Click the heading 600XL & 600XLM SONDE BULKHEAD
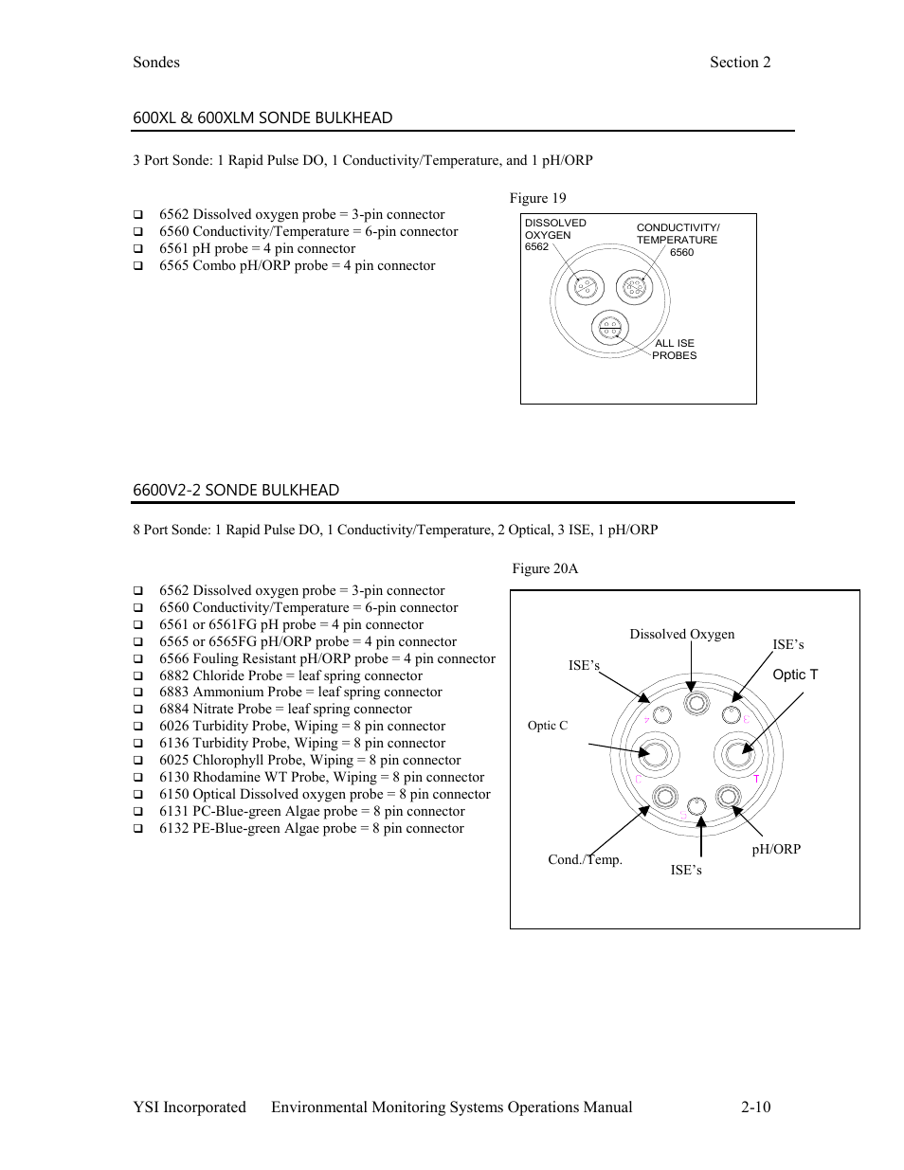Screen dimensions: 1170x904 pyautogui.click(x=262, y=117)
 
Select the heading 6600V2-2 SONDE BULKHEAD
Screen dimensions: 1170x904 pyautogui.click(x=236, y=490)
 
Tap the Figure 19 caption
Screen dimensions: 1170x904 pyautogui.click(x=537, y=198)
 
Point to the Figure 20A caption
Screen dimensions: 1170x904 pyautogui.click(x=545, y=568)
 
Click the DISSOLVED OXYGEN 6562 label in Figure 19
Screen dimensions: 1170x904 pyautogui.click(x=554, y=235)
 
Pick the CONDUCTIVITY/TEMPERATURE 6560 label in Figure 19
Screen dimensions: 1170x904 pyautogui.click(x=678, y=240)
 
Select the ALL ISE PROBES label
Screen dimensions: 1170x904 pyautogui.click(x=674, y=350)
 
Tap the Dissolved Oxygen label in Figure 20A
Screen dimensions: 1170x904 pyautogui.click(x=682, y=635)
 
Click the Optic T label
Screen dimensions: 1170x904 pyautogui.click(x=795, y=675)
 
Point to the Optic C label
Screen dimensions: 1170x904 pyautogui.click(x=548, y=726)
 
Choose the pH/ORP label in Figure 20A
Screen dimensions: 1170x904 pyautogui.click(x=776, y=849)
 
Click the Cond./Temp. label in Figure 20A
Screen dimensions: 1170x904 pyautogui.click(x=585, y=859)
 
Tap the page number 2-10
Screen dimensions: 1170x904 pyautogui.click(x=756, y=1107)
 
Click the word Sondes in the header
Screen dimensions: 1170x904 pyautogui.click(x=156, y=63)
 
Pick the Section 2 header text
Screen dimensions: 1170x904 pyautogui.click(x=740, y=63)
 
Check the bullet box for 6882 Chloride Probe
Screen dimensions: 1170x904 pyautogui.click(x=138, y=676)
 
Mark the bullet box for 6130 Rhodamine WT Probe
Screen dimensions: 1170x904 pyautogui.click(x=138, y=778)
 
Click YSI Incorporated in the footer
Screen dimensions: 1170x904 pyautogui.click(x=190, y=1107)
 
